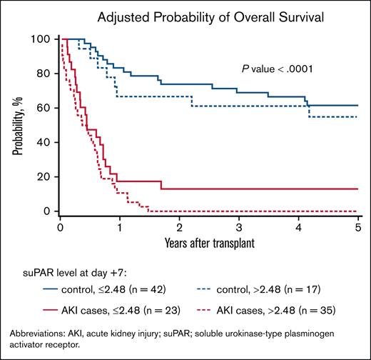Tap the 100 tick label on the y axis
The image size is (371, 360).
click(44, 39)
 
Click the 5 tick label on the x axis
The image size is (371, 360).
click(357, 226)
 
